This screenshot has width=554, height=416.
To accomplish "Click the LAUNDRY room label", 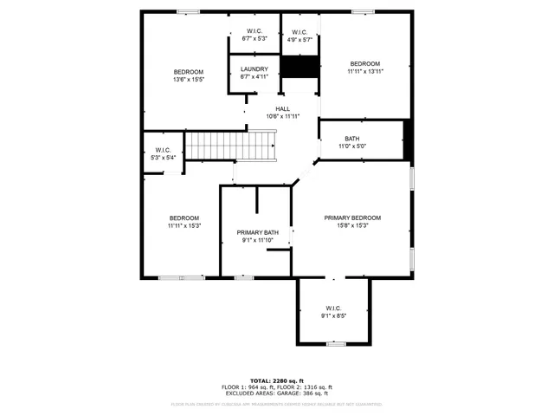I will [254, 68].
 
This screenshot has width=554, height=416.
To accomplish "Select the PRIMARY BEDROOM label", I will [352, 218].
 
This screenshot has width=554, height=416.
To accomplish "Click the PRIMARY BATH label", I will [257, 232].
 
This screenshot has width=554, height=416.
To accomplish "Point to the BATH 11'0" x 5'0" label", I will [351, 139].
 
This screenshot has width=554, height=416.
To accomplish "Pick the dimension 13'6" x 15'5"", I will [188, 80].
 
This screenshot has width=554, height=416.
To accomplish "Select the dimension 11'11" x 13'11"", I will [364, 72].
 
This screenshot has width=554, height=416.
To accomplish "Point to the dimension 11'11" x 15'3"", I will [184, 225].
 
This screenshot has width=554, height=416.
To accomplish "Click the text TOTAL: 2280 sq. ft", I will [277, 380].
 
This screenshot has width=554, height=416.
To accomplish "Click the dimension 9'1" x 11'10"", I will [257, 240].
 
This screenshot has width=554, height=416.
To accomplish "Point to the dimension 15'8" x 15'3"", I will [352, 225].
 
